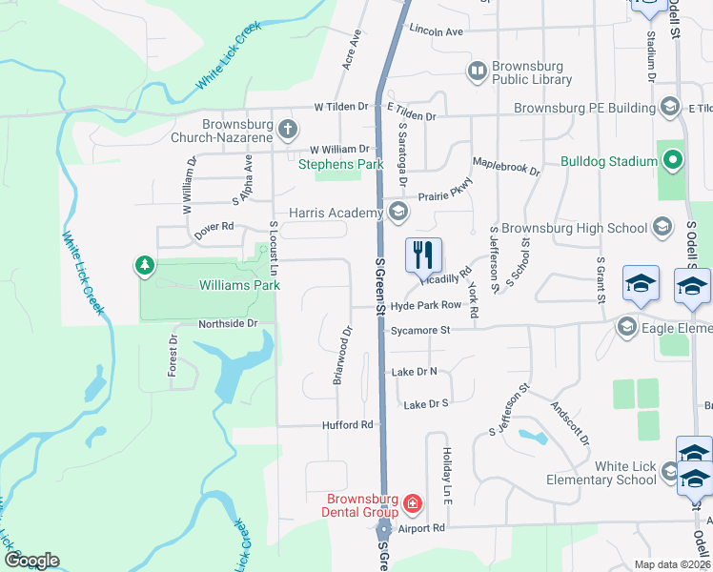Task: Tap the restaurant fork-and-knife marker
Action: (421, 255)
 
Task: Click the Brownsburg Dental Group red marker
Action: (412, 502)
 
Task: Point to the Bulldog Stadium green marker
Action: (672, 161)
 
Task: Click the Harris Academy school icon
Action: (397, 212)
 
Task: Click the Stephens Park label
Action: (340, 164)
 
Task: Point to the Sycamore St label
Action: (419, 331)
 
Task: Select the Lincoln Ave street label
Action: (436, 31)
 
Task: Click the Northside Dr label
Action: (228, 324)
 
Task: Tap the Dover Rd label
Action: (214, 227)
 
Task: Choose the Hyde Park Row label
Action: (426, 305)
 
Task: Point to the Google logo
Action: (31, 561)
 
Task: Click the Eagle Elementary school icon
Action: (627, 328)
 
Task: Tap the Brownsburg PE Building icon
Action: (670, 107)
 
